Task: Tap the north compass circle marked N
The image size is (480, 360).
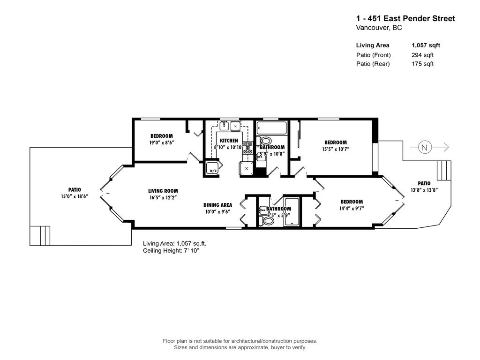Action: point(425,147)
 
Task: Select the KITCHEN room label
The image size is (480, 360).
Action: point(229,141)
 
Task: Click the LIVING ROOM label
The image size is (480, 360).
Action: point(163,191)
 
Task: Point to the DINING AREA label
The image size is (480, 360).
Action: point(217,205)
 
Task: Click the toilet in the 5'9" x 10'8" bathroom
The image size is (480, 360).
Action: point(265,141)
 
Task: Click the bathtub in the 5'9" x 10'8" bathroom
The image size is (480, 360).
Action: point(271,128)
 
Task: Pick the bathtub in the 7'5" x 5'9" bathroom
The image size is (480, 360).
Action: point(292,212)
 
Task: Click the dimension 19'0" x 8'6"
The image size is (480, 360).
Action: point(162,143)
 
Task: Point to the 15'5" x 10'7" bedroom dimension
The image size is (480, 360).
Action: point(336,149)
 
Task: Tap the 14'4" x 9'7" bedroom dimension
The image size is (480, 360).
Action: point(351,208)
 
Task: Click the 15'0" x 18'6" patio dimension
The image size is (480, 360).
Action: point(75,196)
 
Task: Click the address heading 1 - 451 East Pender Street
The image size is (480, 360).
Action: point(405,19)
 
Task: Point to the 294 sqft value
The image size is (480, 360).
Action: point(422,55)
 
